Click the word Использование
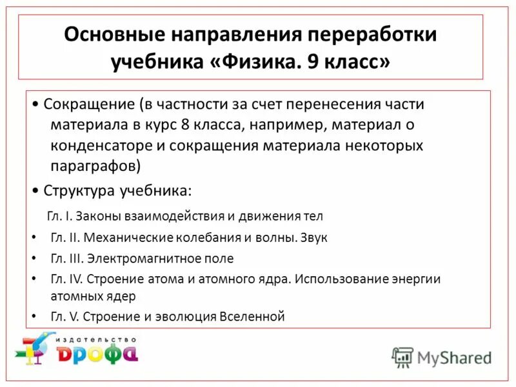pos(342,280)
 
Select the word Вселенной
pos(252,317)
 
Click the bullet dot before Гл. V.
pos(34,317)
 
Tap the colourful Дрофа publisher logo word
pos(97,353)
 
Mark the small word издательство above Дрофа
pos(97,337)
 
